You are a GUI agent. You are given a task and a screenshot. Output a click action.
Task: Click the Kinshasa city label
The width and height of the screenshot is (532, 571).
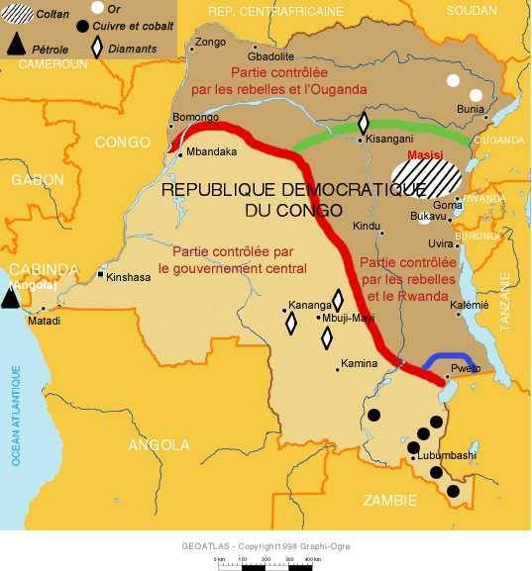coord(129,277)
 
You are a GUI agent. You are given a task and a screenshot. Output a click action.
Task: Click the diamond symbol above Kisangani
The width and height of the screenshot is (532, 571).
coord(364,123)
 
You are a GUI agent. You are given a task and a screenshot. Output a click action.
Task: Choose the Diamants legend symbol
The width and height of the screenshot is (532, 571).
coord(97,46)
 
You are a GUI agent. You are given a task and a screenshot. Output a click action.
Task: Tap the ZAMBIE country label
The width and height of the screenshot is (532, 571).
coord(392,502)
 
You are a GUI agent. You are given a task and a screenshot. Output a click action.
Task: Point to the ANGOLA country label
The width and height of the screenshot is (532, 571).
coord(159,444)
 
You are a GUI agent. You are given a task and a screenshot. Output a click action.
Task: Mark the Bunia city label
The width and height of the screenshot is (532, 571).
coord(471,110)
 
